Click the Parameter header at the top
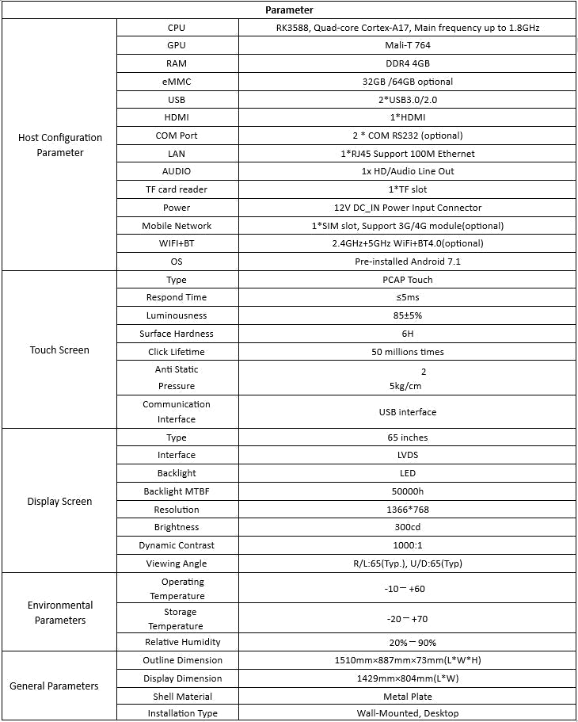click(289, 10)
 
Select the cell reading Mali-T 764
click(408, 45)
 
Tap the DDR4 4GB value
click(408, 63)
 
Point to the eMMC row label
click(177, 82)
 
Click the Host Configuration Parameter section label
click(60, 145)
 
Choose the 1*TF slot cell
click(408, 189)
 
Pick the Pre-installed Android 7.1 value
click(408, 262)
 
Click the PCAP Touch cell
click(408, 280)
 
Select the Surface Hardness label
click(177, 334)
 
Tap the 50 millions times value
click(408, 352)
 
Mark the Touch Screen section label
click(60, 350)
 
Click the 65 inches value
click(408, 437)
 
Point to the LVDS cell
click(408, 455)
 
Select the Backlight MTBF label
click(177, 491)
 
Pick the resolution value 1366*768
click(408, 510)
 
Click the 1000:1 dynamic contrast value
click(408, 545)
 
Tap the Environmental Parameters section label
click(60, 613)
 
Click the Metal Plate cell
click(408, 697)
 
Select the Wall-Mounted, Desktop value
click(408, 713)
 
